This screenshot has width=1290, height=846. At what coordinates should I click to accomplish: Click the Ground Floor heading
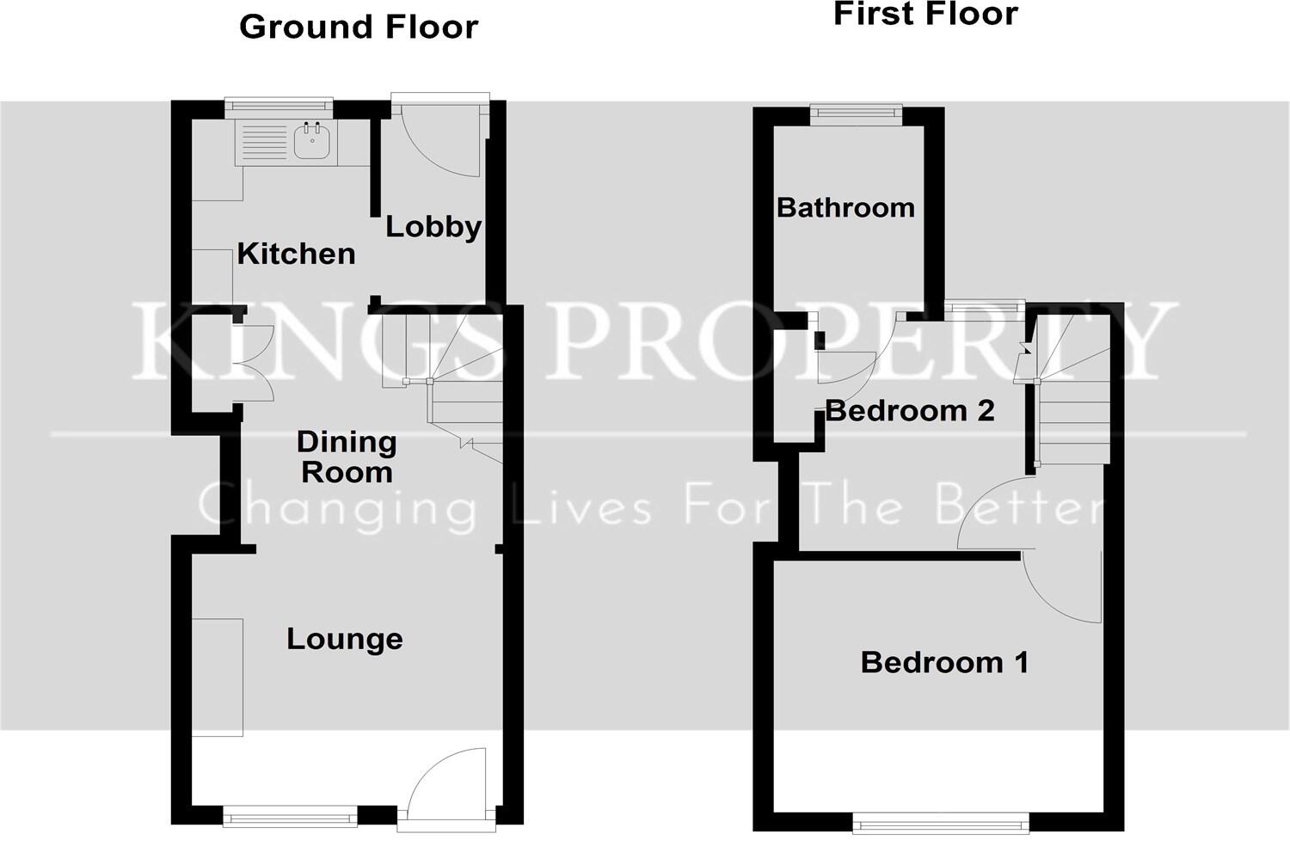point(359,27)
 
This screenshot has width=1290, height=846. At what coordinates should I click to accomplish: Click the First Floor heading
point(925,14)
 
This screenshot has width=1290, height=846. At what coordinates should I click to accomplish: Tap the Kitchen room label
point(296,254)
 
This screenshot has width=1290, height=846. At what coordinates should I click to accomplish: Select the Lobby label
point(433,226)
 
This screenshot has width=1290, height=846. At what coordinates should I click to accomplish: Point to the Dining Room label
point(347,457)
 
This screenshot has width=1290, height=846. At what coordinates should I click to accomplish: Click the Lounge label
point(344,639)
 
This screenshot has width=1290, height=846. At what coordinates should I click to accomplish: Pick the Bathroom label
point(845,207)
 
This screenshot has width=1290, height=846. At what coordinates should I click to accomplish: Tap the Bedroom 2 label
point(910,410)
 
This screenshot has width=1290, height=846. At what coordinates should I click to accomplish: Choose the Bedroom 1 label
point(944,662)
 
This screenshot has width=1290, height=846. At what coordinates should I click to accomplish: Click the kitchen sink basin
point(311,142)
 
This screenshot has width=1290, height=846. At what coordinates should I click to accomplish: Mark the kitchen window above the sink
point(279,106)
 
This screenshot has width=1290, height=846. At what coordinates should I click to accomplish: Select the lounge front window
point(290,814)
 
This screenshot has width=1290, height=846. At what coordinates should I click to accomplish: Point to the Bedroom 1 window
point(941,823)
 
